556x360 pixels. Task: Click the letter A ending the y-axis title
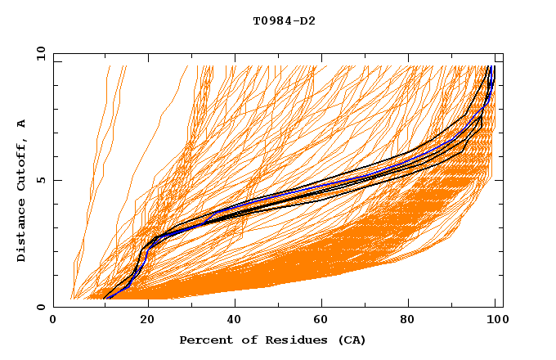tap(22, 124)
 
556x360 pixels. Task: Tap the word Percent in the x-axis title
tap(204, 340)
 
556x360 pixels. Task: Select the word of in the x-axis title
tap(244, 340)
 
